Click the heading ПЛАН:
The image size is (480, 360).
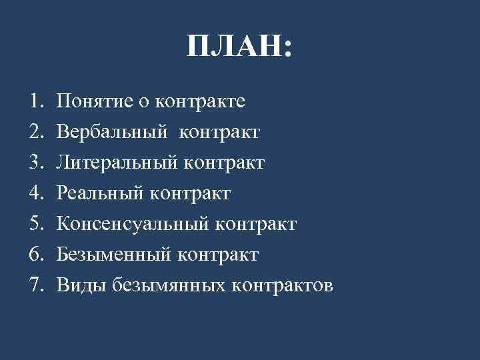239,47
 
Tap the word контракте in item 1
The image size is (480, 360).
200,101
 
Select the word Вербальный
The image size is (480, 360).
111,132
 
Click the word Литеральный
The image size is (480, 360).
116,163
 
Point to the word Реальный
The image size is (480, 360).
99,193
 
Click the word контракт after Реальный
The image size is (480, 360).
190,193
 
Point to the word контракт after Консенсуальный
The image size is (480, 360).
255,224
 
